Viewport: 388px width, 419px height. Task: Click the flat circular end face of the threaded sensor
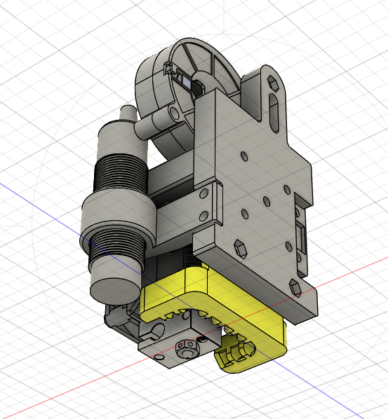[113, 281]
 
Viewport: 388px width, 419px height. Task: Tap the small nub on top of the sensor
[127, 113]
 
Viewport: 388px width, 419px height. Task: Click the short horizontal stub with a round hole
[158, 124]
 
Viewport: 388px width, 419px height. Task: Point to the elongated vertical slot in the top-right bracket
[274, 111]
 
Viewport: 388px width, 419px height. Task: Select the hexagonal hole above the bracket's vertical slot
[273, 83]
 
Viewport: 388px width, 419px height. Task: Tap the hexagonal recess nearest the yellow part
[239, 246]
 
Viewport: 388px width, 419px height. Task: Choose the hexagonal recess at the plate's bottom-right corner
[294, 285]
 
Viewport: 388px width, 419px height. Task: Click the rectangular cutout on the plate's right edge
[302, 239]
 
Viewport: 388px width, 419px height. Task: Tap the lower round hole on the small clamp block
[206, 217]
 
